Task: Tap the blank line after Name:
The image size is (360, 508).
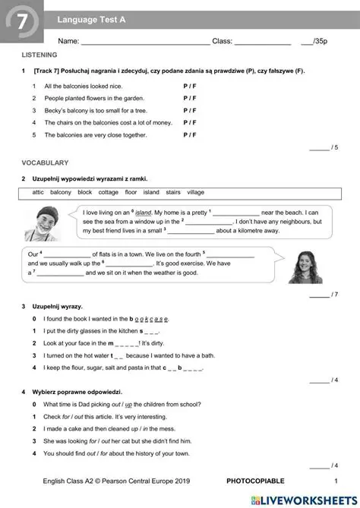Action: (x=145, y=42)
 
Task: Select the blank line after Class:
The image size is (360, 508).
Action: (x=262, y=42)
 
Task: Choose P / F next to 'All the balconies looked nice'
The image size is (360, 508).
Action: (x=190, y=87)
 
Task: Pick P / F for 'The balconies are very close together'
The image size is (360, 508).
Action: (x=190, y=134)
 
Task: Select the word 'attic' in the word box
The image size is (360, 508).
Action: (x=38, y=192)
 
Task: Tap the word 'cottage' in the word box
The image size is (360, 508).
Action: (x=108, y=192)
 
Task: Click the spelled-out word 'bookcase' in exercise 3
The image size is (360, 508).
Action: (x=152, y=319)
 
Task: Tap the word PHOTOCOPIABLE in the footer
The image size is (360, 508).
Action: (x=255, y=481)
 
